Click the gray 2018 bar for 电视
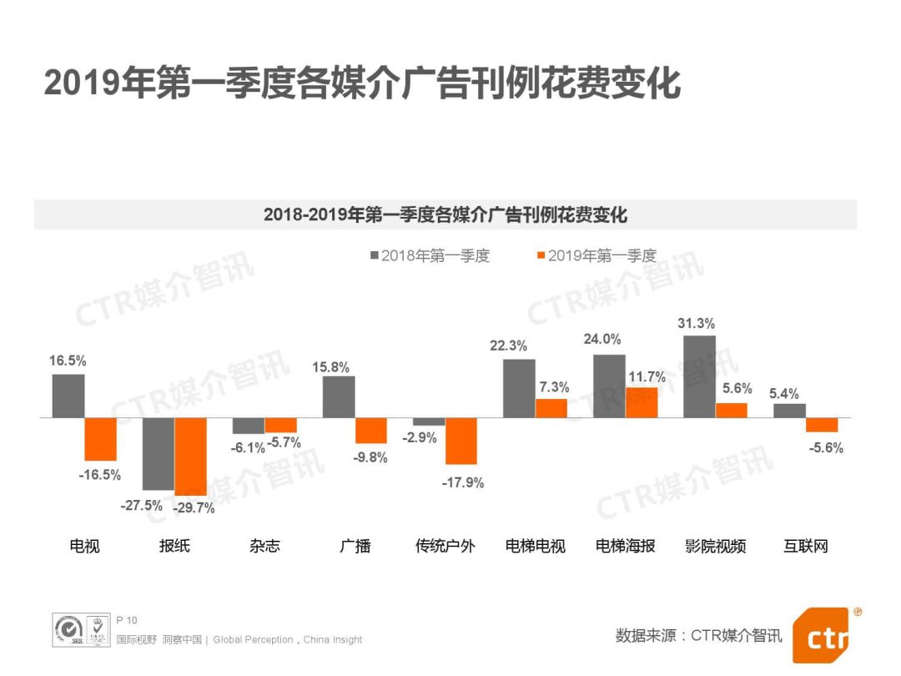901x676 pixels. pos(68,396)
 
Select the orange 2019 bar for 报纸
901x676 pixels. pos(191,456)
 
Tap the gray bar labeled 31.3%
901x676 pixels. pos(699,376)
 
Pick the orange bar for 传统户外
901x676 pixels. pos(461,441)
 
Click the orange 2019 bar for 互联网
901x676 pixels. pos(822,424)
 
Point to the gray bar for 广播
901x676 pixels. pos(339,396)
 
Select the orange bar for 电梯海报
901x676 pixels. pos(642,402)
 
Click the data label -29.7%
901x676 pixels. pos(194,507)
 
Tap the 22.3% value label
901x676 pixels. pos(509,346)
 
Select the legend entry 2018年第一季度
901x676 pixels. pos(430,256)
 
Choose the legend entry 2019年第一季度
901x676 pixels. pos(596,256)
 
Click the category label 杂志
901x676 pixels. pos(264,547)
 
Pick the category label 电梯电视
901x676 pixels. pos(535,547)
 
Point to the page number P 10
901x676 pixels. pos(127,620)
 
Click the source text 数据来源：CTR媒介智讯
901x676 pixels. pos(699,636)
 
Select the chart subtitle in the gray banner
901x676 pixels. pos(445,214)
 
